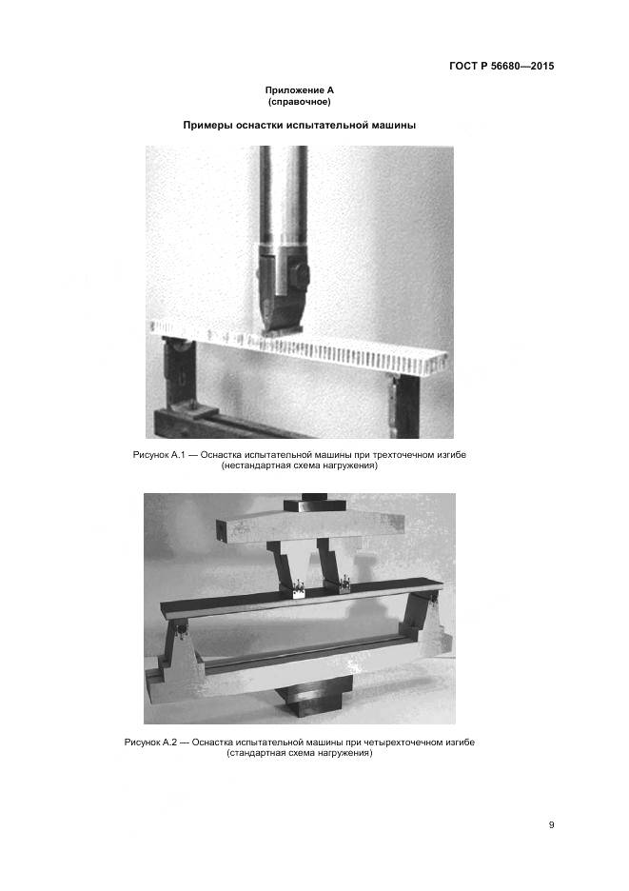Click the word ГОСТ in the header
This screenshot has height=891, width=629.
click(x=463, y=66)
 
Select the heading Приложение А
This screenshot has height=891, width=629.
click(x=300, y=90)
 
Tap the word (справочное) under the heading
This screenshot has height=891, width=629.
click(x=300, y=102)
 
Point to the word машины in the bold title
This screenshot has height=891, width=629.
click(x=394, y=126)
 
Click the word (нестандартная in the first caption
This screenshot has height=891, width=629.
click(x=252, y=465)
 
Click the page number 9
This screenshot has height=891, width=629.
click(x=551, y=825)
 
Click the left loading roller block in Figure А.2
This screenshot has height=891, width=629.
click(x=298, y=589)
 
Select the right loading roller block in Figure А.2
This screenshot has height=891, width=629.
click(x=344, y=584)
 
